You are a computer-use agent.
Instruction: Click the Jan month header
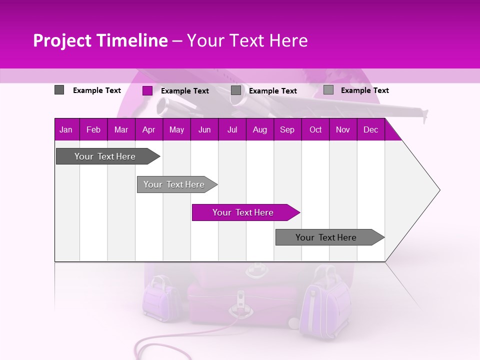(x=66, y=130)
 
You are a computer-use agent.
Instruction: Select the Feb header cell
(x=93, y=130)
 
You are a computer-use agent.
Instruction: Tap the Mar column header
(x=121, y=130)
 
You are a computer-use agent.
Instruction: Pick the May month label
(x=176, y=130)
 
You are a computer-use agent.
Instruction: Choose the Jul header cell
(x=232, y=130)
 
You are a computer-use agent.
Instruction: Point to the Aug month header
(x=260, y=130)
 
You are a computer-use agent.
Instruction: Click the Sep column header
(x=287, y=130)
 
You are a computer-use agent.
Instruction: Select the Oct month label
(x=315, y=130)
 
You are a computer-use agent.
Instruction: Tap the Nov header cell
(x=343, y=130)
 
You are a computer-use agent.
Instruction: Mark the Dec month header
(x=371, y=130)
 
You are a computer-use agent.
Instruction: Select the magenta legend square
(x=147, y=90)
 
